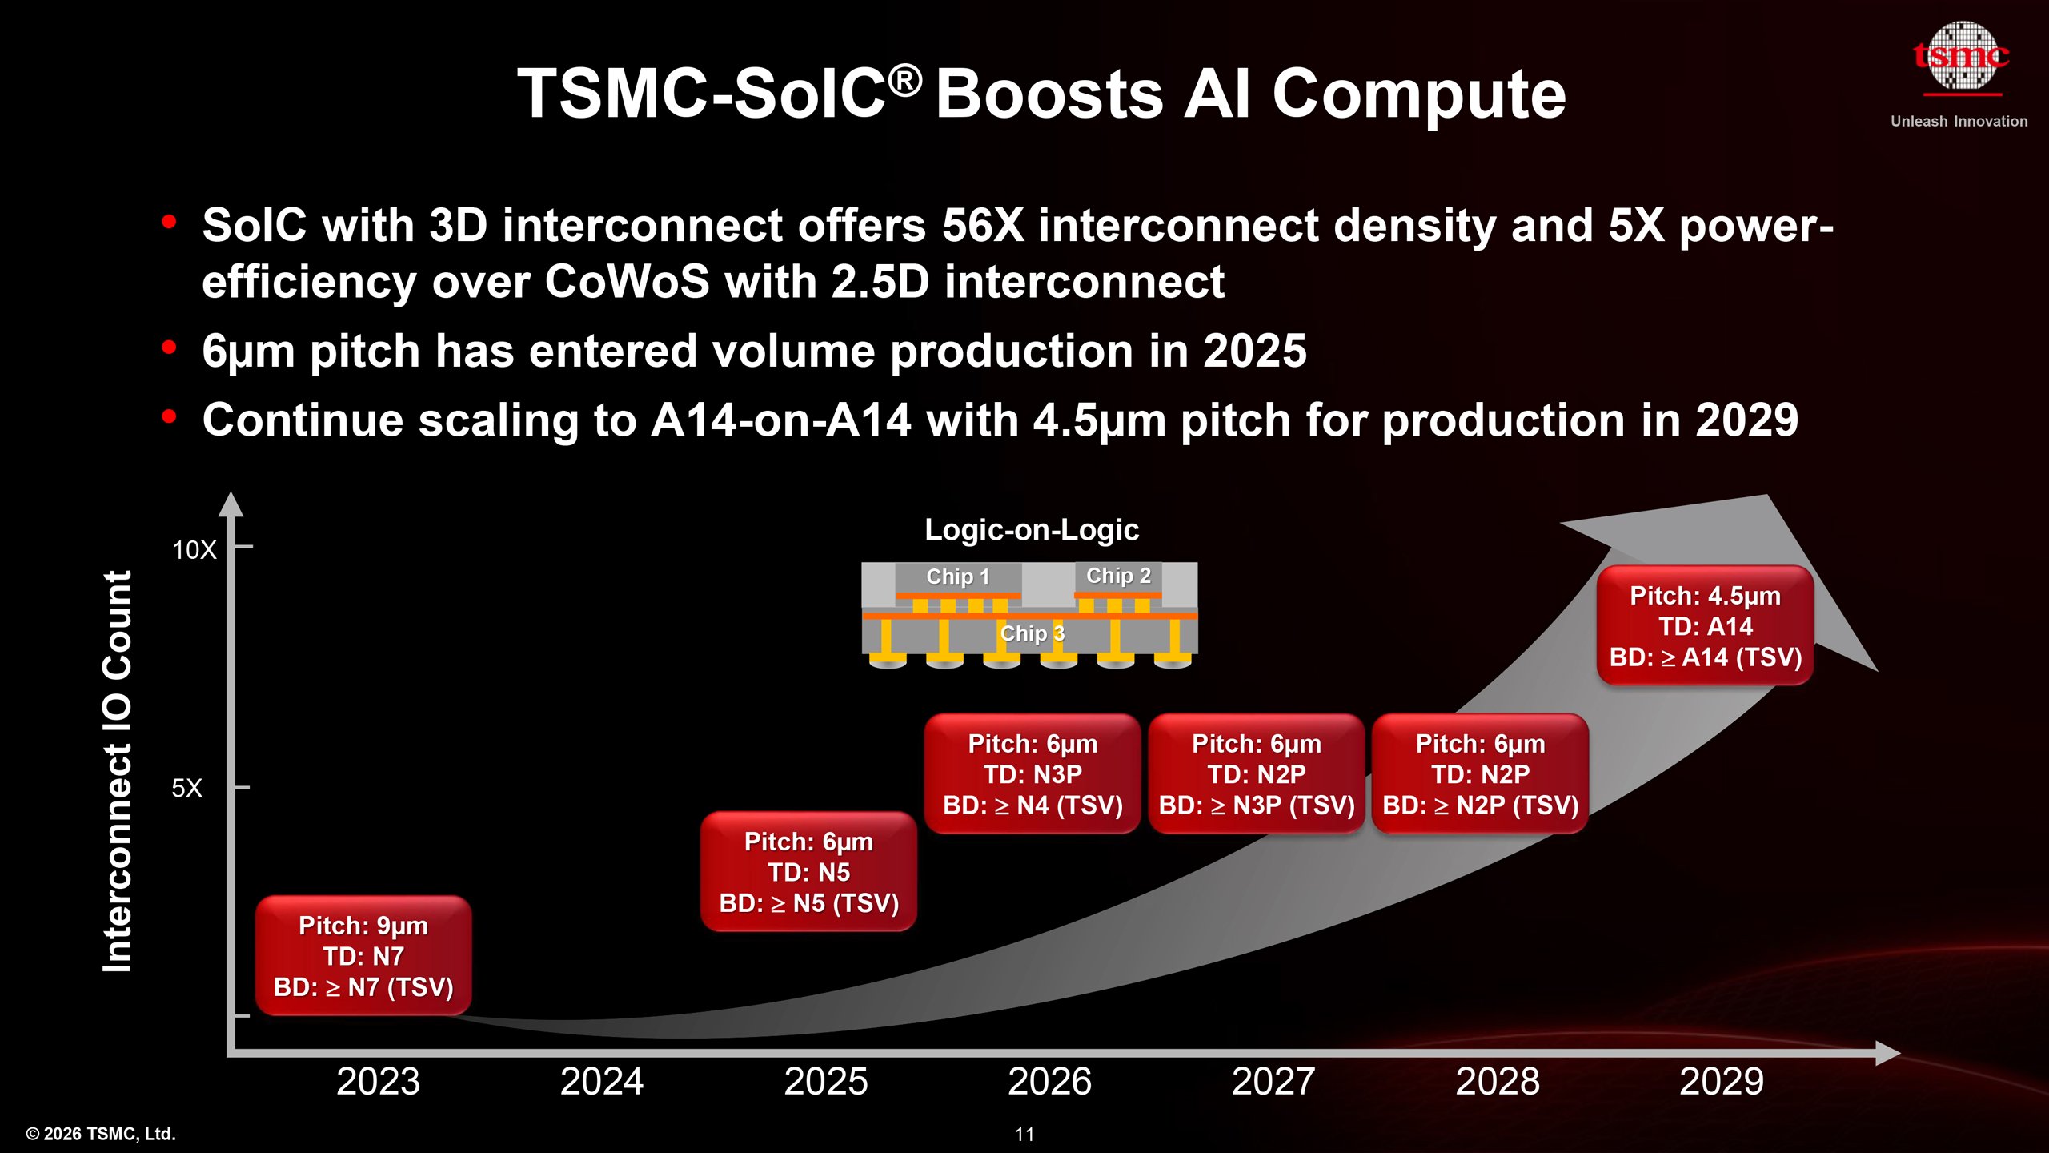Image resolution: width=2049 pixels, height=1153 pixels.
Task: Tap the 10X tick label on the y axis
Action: (x=194, y=550)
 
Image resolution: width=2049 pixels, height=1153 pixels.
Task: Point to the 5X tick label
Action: (x=186, y=789)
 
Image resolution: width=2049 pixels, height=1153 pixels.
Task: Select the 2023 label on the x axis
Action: (x=378, y=1082)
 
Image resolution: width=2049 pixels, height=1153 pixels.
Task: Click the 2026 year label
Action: (x=1049, y=1082)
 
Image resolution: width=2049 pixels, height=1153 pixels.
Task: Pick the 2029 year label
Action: (x=1721, y=1082)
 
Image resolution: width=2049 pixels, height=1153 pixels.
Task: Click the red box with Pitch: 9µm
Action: (x=363, y=956)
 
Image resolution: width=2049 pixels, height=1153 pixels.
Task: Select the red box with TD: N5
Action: (x=808, y=872)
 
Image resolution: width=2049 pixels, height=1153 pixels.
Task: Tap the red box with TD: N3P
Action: (x=1033, y=774)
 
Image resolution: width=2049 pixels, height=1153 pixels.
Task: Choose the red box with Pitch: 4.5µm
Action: (x=1705, y=626)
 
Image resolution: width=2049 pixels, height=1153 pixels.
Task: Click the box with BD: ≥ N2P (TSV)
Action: (x=1480, y=774)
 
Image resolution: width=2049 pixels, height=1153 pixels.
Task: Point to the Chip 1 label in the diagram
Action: (x=958, y=576)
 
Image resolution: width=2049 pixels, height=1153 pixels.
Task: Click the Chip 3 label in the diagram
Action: (x=1033, y=633)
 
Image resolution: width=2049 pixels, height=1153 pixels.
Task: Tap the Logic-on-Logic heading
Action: (x=1032, y=530)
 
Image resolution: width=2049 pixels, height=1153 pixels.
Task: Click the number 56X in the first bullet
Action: (x=983, y=226)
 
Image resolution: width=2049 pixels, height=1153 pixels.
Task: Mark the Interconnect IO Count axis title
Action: (x=118, y=771)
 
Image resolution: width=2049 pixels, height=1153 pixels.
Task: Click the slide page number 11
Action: (x=1024, y=1135)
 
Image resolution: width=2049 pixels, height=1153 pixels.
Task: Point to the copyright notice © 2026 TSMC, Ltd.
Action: (x=101, y=1134)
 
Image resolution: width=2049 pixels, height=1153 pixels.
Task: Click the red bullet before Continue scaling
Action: (x=169, y=417)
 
